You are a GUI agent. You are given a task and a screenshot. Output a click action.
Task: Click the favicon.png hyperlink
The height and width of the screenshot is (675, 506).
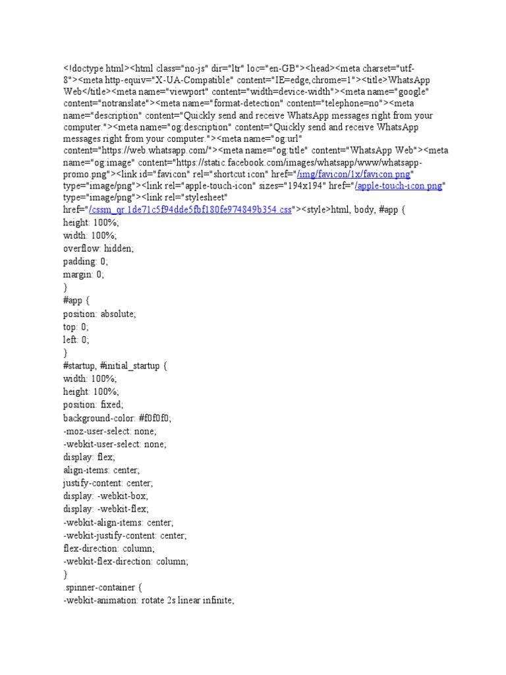point(354,174)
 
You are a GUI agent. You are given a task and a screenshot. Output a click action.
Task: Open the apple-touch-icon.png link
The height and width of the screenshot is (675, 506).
point(398,187)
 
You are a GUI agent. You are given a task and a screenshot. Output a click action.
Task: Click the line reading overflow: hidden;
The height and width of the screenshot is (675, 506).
point(98,249)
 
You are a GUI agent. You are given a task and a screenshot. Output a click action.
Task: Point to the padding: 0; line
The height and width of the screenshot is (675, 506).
point(85,262)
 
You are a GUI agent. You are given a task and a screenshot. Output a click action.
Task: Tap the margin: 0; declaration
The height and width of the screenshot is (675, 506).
point(84,274)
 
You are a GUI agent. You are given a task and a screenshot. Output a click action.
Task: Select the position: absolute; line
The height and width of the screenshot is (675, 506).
point(99,314)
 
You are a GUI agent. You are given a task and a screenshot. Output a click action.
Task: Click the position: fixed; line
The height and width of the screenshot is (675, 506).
point(93,405)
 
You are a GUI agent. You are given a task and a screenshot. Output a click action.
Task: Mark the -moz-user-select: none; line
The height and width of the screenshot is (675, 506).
point(110,431)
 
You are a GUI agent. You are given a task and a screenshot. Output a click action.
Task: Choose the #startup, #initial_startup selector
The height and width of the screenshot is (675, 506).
point(111,366)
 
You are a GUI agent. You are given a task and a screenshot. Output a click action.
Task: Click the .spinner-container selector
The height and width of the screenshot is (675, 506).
point(98,587)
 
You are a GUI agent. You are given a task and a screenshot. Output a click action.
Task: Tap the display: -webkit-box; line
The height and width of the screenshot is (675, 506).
point(106,496)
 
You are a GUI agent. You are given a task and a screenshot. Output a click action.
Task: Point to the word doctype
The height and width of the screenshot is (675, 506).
point(85,69)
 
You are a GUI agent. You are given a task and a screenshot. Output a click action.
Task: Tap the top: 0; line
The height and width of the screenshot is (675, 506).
point(76,327)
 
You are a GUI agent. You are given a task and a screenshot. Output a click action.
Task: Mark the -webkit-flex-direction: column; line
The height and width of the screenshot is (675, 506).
point(126,561)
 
